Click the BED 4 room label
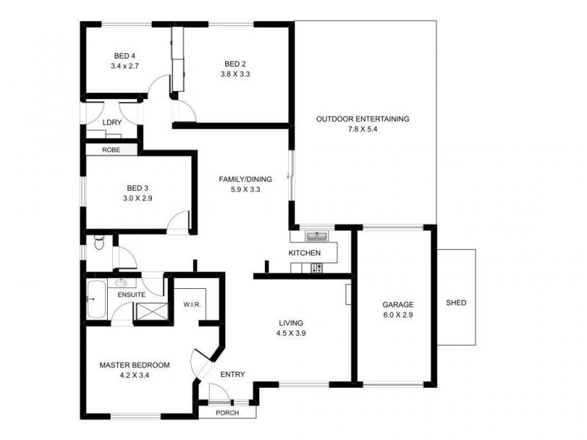[125, 56]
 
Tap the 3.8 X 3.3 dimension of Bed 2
[235, 74]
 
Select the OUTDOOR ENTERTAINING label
[362, 119]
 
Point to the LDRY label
[112, 122]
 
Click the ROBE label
[112, 150]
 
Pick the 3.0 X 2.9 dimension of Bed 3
[137, 198]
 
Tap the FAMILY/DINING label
[245, 179]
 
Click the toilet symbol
[99, 242]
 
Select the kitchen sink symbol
[317, 236]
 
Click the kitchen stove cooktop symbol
[317, 268]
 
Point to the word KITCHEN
[305, 253]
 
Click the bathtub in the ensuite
[96, 300]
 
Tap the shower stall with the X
[152, 312]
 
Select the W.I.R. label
[192, 304]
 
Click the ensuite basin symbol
[121, 282]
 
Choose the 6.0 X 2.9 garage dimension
[398, 315]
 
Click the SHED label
[456, 303]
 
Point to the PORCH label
[227, 413]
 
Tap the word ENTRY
[233, 374]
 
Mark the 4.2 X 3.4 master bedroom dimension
[134, 375]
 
